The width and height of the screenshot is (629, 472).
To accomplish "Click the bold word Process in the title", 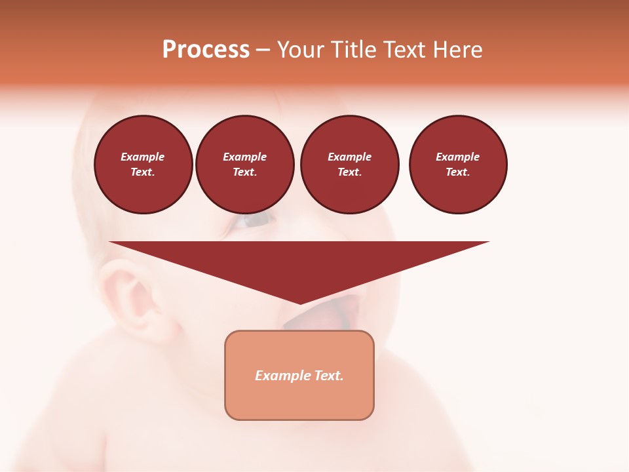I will tap(206, 50).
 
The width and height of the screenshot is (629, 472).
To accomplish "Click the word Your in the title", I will tap(301, 50).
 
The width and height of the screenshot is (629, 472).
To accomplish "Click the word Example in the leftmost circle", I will tap(143, 157).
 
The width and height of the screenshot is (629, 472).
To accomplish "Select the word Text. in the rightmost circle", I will tap(458, 172).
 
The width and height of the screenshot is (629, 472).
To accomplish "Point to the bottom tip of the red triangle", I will tap(300, 302).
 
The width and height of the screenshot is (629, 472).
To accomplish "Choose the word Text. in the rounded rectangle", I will tap(329, 376).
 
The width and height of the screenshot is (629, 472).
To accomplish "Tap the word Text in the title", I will tap(406, 50).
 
